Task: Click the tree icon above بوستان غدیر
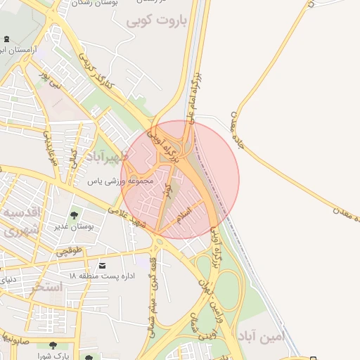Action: point(75,215)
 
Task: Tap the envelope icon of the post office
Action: point(103,266)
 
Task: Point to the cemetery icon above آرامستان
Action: point(6,39)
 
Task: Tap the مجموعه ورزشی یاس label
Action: point(119,181)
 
